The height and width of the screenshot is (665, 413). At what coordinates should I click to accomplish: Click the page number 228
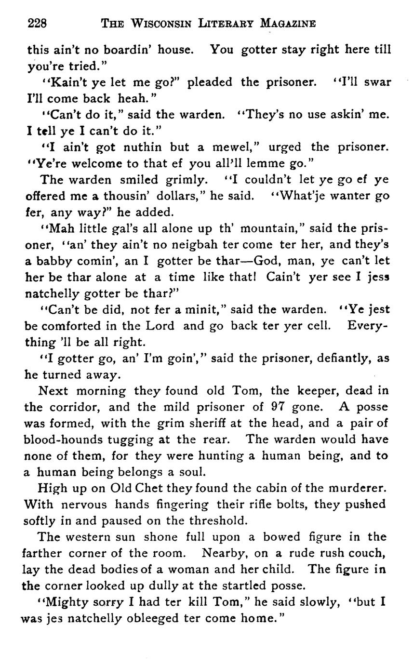tap(37, 23)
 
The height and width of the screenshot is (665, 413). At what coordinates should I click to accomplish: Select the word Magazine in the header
tap(287, 23)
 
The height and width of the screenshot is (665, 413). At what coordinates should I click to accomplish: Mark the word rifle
tap(262, 504)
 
